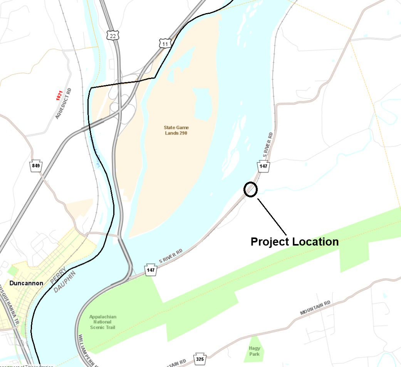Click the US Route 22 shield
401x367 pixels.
point(113,35)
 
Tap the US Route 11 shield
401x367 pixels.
point(165,43)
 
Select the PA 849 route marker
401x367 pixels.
point(35,166)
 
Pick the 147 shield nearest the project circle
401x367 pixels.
point(263,167)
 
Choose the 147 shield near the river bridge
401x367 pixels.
point(151,269)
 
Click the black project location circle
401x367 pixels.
point(250,190)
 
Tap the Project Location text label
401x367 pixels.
point(295,242)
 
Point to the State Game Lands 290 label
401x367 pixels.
point(176,130)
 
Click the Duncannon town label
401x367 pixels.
point(26,283)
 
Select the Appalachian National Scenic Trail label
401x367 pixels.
point(102,322)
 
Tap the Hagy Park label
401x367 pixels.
point(254,351)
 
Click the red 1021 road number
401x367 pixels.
point(59,96)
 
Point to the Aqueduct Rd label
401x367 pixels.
point(64,104)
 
